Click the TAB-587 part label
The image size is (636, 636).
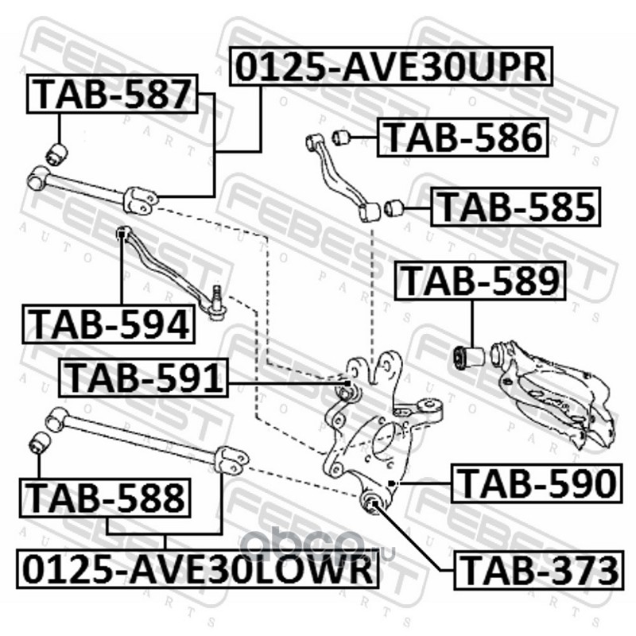point(112,94)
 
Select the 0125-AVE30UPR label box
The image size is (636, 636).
point(391,67)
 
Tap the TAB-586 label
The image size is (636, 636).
point(463,138)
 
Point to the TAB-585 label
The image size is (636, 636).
point(515,207)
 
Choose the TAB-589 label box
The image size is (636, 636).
point(480,281)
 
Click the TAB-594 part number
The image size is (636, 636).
point(108,324)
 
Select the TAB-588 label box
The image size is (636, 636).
point(105,498)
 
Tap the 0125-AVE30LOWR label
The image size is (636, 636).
point(197,568)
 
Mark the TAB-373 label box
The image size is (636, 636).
point(538,569)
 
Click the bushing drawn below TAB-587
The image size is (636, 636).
point(56,154)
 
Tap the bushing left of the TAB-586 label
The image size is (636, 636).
point(341,137)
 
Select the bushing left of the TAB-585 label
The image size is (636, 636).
point(393,207)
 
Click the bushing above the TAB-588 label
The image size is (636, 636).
point(40,443)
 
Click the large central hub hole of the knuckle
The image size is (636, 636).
point(383,439)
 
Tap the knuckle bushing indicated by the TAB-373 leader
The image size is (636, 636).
point(374,503)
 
